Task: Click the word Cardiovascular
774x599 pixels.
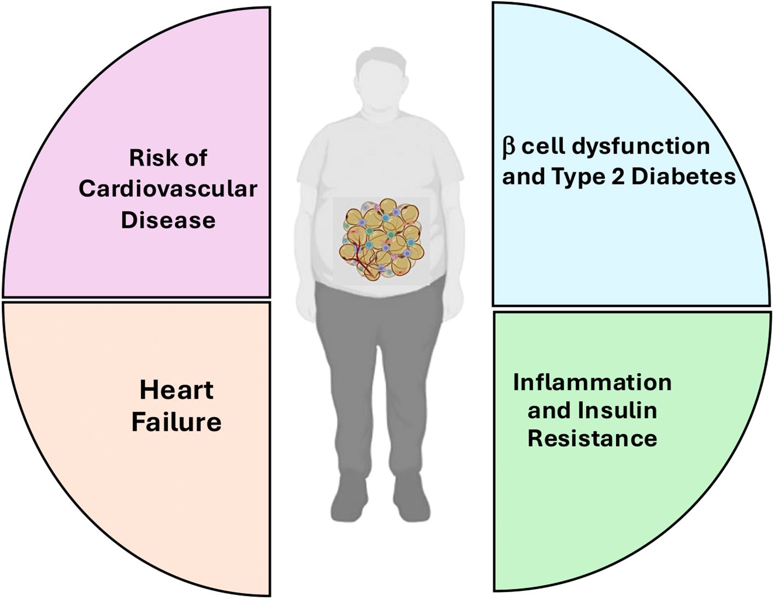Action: pyautogui.click(x=168, y=189)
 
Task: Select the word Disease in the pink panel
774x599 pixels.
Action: pyautogui.click(x=168, y=220)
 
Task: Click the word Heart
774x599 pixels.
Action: pyautogui.click(x=176, y=390)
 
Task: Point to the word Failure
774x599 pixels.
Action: pyautogui.click(x=176, y=422)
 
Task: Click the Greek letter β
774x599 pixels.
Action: pyautogui.click(x=508, y=147)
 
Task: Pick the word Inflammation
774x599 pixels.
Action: pyautogui.click(x=592, y=382)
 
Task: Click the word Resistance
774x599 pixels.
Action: pyautogui.click(x=592, y=438)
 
